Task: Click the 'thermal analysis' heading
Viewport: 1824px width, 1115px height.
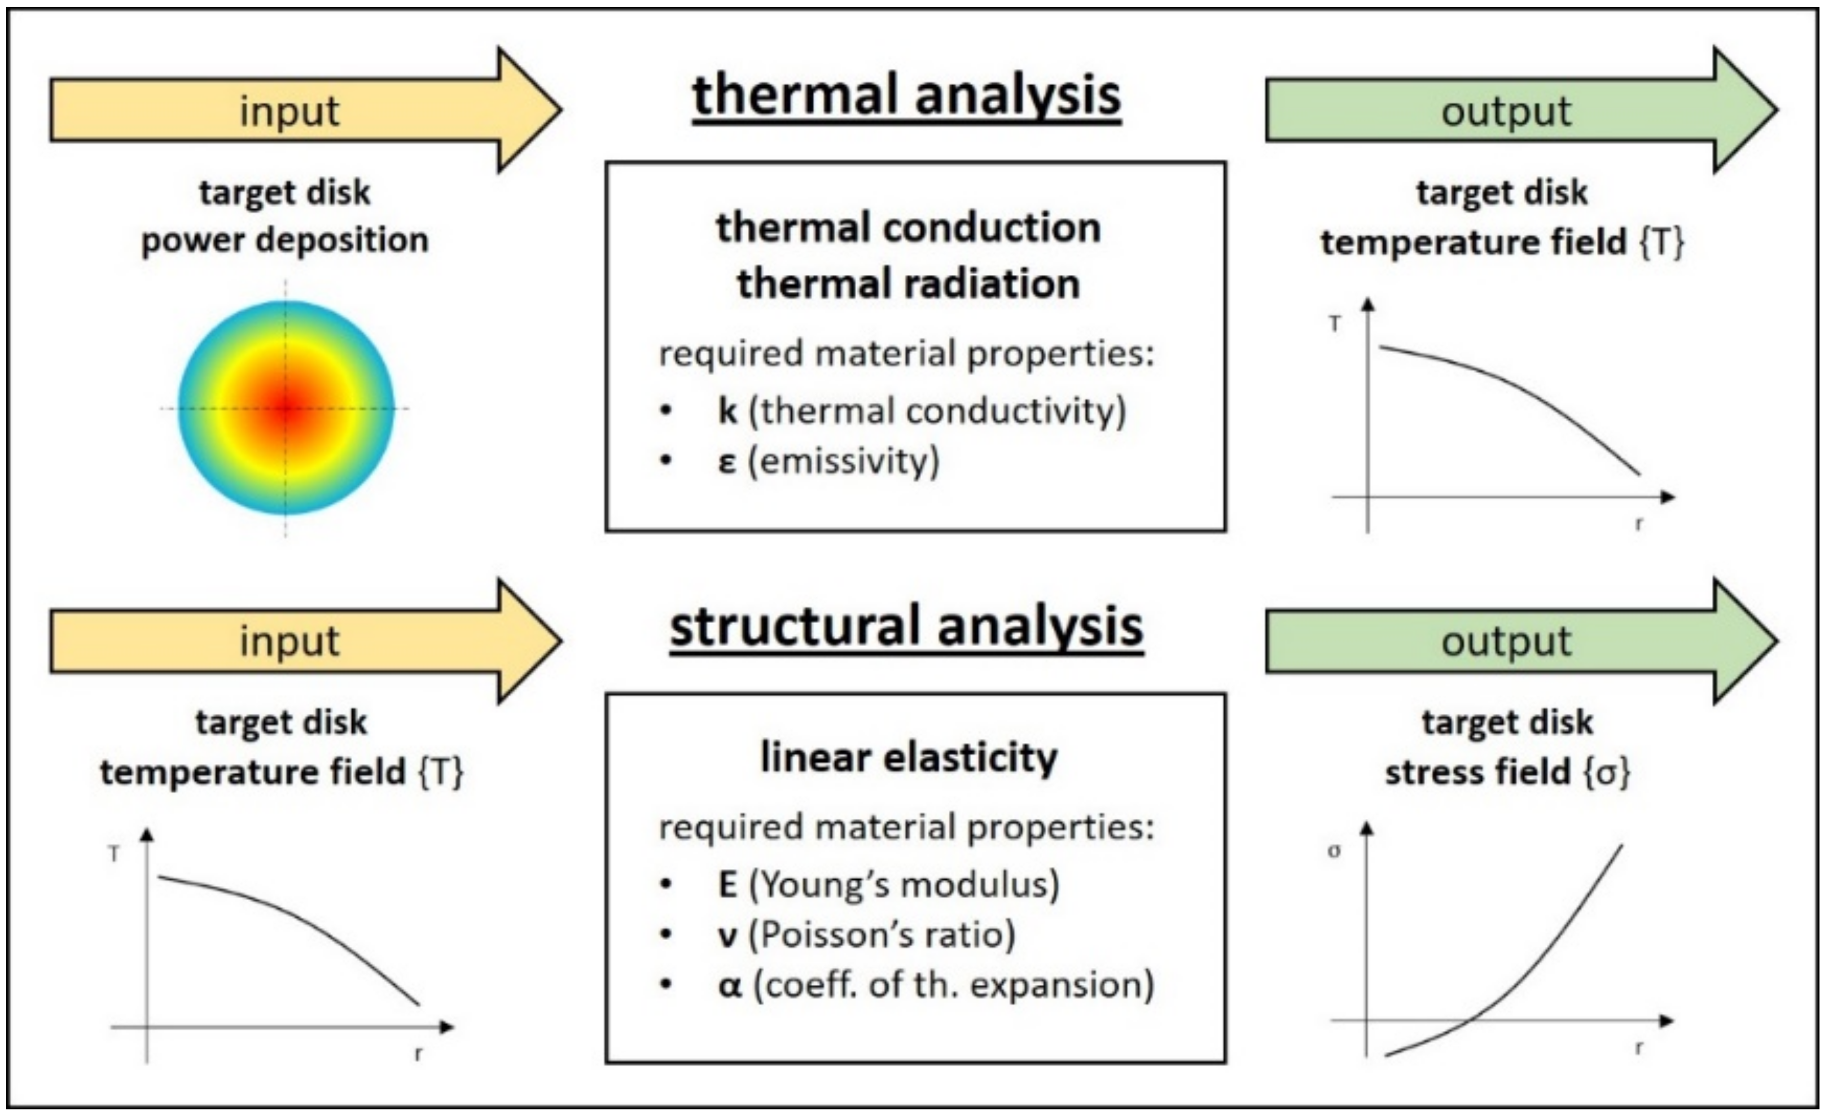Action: [906, 96]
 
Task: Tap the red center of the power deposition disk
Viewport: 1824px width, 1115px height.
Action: [286, 408]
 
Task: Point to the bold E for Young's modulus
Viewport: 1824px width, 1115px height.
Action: [727, 885]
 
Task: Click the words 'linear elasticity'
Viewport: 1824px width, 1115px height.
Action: [909, 758]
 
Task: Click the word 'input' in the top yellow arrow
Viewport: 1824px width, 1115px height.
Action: [290, 112]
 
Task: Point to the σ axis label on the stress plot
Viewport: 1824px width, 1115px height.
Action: [1334, 851]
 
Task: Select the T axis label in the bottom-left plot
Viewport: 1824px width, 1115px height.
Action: [114, 854]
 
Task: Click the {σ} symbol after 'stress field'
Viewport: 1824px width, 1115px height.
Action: [1606, 773]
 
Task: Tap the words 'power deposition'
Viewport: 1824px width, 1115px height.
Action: [285, 240]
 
